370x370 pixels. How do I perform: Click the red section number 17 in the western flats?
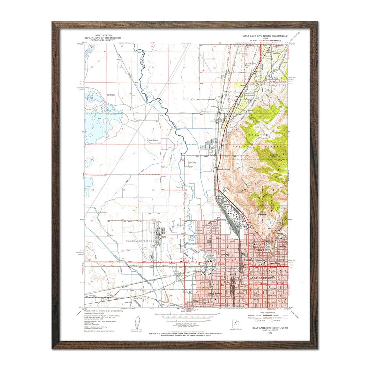pyautogui.click(x=122, y=159)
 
